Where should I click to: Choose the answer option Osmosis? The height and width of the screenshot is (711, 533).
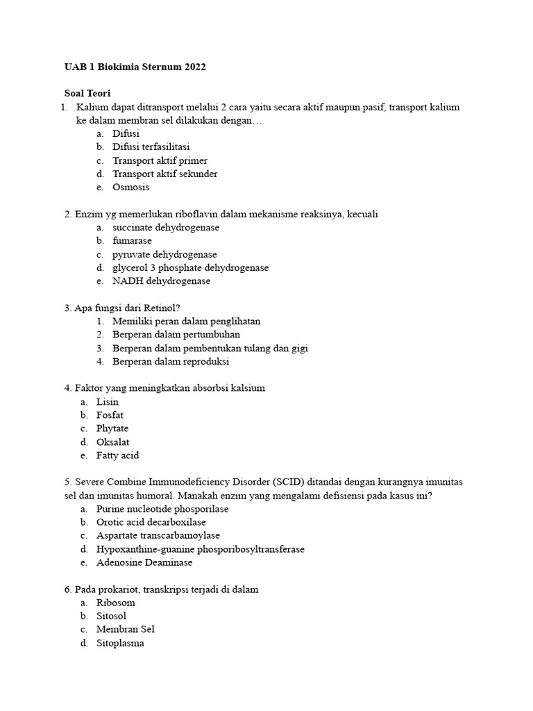131,187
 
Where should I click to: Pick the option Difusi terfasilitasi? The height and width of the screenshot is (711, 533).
151,147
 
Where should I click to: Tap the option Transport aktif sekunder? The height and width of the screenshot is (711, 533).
165,174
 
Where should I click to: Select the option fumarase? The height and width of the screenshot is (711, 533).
132,241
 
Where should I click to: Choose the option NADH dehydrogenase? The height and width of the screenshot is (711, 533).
161,281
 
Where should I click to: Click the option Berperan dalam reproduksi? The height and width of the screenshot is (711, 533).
171,362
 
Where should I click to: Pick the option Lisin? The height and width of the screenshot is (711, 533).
108,402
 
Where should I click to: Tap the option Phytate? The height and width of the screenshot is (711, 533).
112,428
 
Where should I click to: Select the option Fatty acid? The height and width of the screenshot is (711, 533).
117,455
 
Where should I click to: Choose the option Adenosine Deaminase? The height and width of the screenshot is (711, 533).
144,562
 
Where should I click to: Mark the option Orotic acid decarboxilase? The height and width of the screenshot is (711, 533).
151,522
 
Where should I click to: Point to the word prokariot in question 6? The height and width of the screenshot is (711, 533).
117,589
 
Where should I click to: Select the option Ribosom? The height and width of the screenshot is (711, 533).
116,603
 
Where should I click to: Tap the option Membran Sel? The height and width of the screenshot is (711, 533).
126,629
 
